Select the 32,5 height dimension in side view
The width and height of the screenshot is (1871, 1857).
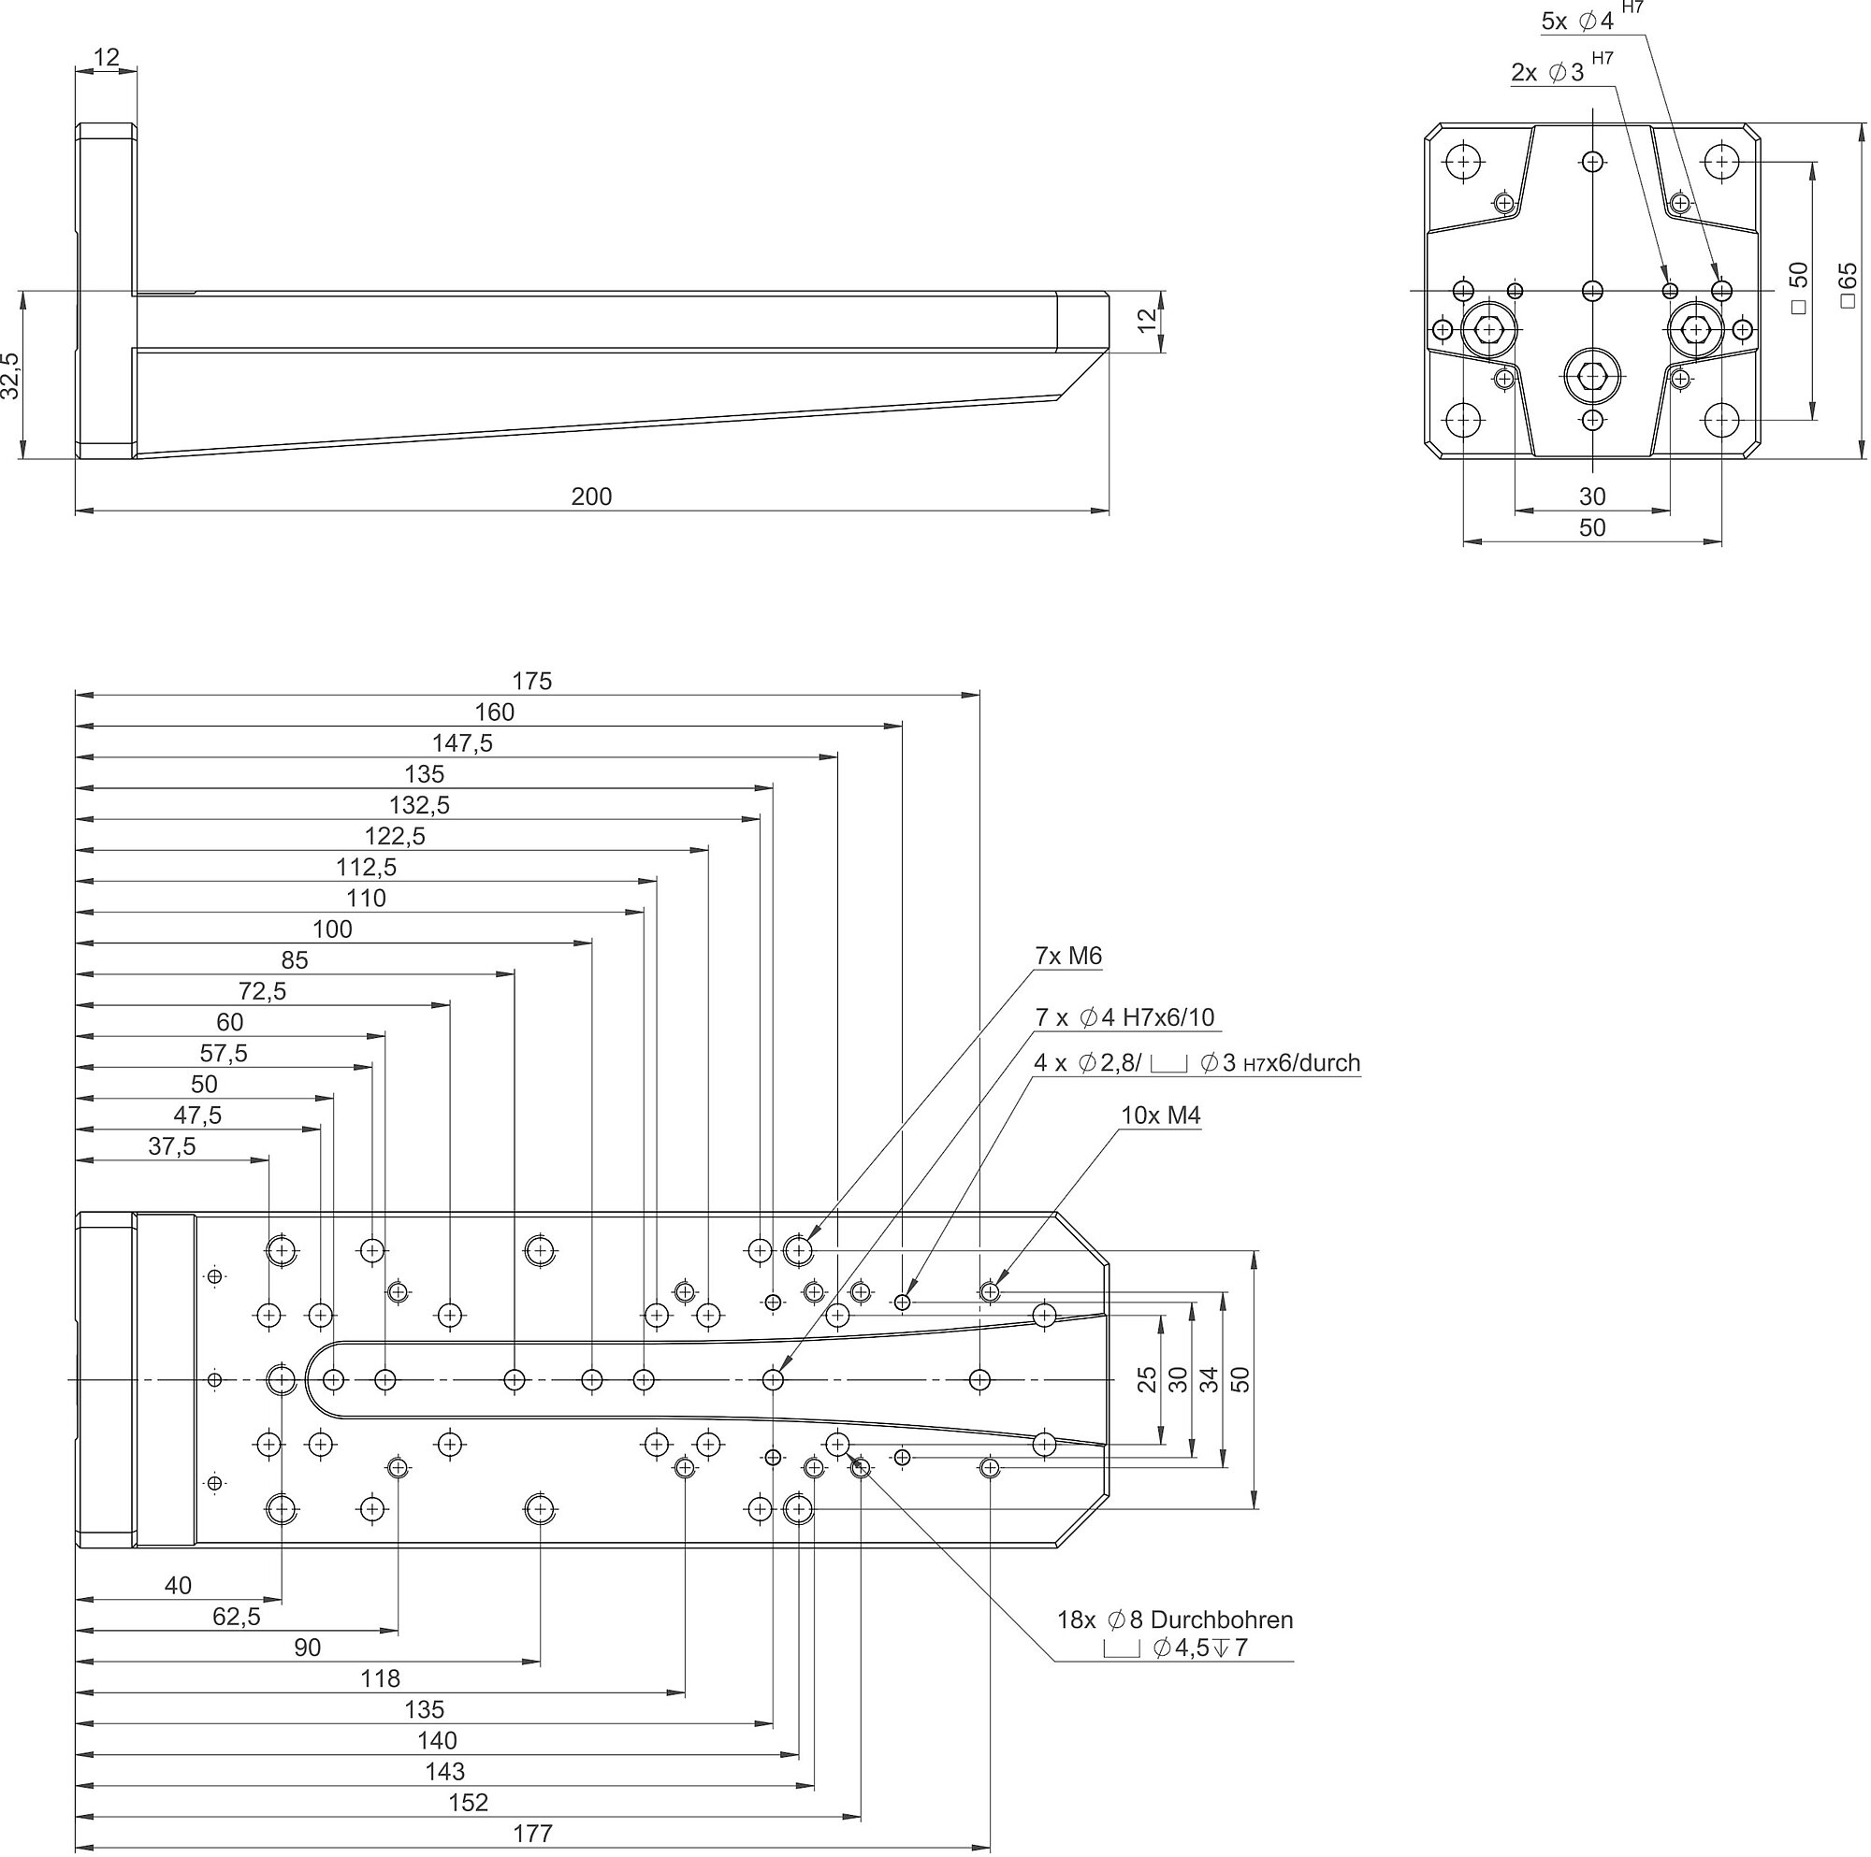click(10, 375)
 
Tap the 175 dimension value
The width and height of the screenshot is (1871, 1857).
click(531, 681)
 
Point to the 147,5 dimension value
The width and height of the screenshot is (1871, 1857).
click(462, 742)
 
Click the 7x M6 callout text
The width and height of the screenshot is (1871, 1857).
click(1068, 956)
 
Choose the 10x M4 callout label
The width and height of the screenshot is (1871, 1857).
click(1160, 1115)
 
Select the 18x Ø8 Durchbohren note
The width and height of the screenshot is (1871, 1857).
click(1175, 1619)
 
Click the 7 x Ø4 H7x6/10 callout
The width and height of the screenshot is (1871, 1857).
click(1124, 1016)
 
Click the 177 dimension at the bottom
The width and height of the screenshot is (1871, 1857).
click(532, 1833)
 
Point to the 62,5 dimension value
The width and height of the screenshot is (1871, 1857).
click(237, 1616)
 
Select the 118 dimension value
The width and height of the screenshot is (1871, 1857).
click(380, 1677)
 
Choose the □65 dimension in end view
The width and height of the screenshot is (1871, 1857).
click(1848, 285)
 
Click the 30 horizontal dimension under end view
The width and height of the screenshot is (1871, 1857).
click(1592, 497)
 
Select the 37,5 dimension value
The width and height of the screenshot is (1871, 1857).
click(171, 1145)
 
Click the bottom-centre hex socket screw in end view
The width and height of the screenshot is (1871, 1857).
click(1592, 376)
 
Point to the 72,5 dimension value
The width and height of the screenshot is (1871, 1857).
click(262, 990)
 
